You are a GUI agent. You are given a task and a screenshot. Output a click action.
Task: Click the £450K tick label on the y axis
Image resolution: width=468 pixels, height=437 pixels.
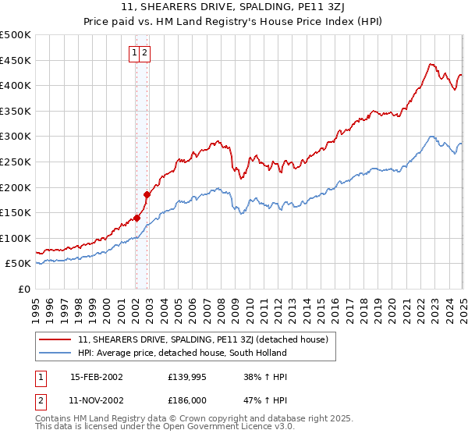pyautogui.click(x=16, y=60)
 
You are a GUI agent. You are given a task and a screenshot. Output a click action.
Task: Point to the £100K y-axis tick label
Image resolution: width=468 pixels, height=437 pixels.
pyautogui.click(x=16, y=238)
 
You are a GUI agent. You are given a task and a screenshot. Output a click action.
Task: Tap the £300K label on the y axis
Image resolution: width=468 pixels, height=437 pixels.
pyautogui.click(x=16, y=136)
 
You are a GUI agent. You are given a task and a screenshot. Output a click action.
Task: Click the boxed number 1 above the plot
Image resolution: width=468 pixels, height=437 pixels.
pyautogui.click(x=135, y=53)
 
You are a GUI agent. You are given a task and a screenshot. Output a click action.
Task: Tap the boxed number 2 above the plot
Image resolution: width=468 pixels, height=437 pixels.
pyautogui.click(x=145, y=53)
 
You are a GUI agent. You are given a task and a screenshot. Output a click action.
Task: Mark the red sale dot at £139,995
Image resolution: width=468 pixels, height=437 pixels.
pyautogui.click(x=136, y=218)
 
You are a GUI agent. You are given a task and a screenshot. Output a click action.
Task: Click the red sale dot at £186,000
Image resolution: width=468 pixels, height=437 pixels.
pyautogui.click(x=147, y=194)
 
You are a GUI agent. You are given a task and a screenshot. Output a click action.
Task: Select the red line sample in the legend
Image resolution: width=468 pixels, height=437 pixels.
pyautogui.click(x=56, y=339)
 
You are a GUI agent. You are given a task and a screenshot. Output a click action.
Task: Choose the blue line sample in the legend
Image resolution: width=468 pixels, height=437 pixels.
pyautogui.click(x=56, y=353)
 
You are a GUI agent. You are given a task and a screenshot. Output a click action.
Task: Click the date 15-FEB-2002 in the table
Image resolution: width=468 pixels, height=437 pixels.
pyautogui.click(x=97, y=376)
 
